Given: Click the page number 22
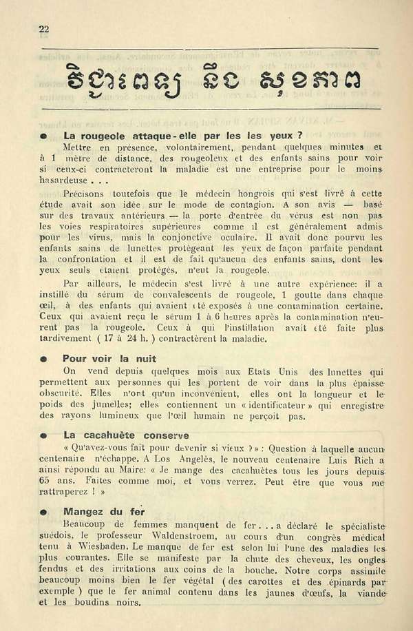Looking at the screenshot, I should point(45,28).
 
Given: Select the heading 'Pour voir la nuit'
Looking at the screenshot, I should point(109,359).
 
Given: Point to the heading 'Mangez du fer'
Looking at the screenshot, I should point(104,512).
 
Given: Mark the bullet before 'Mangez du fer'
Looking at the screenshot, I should point(43,513).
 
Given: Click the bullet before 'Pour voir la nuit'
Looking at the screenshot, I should point(43,360).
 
